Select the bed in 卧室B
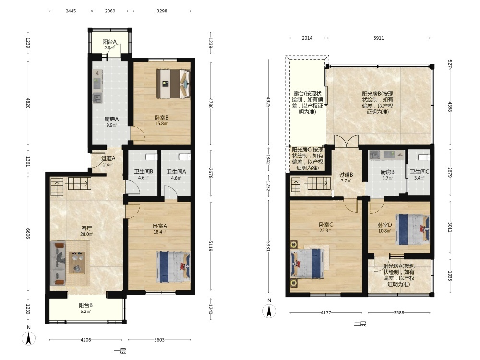pyautogui.click(x=173, y=84)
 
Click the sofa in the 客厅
pyautogui.click(x=58, y=263)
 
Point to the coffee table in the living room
pyautogui.click(x=77, y=263)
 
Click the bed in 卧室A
pyautogui.click(x=173, y=267)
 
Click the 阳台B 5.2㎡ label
pyautogui.click(x=86, y=308)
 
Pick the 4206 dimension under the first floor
pyautogui.click(x=86, y=340)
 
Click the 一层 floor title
pyautogui.click(x=120, y=351)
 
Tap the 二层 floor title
pyautogui.click(x=360, y=324)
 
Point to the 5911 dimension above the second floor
pyautogui.click(x=379, y=38)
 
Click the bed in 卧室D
pyautogui.click(x=412, y=229)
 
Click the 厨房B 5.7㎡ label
pyautogui.click(x=387, y=175)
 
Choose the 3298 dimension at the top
pyautogui.click(x=162, y=11)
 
